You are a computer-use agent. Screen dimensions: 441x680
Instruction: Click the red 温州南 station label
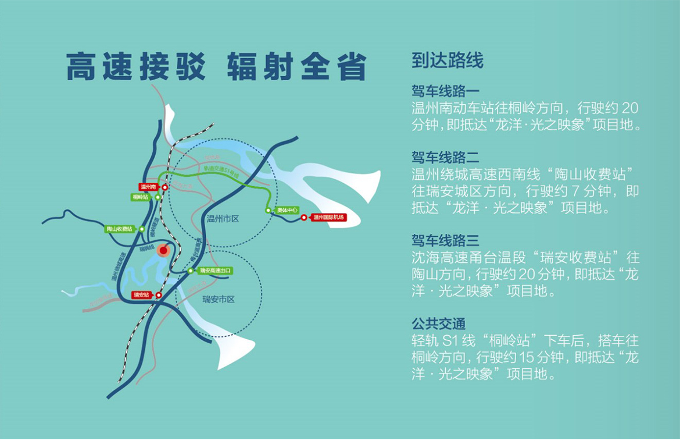(149, 187)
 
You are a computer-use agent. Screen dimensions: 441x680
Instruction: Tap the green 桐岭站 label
(141, 197)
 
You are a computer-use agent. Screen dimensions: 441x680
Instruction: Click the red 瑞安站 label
(141, 295)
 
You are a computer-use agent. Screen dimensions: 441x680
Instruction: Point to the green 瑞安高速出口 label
(215, 271)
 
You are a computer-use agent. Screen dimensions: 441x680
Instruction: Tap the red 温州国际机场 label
(328, 218)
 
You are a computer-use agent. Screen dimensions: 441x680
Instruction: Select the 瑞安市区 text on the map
(219, 300)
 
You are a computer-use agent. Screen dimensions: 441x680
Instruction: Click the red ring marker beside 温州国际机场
(304, 218)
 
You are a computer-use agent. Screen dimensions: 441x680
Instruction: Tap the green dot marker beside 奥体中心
(269, 210)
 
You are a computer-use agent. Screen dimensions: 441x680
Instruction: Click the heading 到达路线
(448, 61)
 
